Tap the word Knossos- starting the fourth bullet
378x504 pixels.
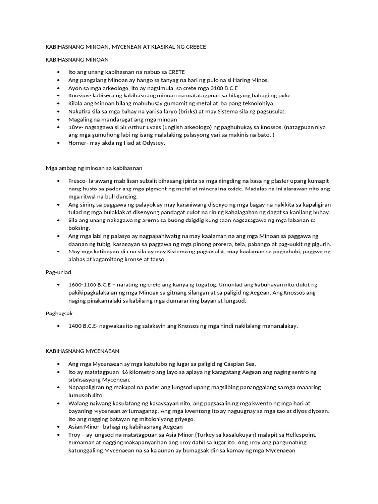[x=81, y=95]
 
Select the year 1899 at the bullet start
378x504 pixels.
[x=75, y=127]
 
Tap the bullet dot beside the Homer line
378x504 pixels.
[x=58, y=143]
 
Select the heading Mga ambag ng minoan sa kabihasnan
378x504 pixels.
[x=94, y=168]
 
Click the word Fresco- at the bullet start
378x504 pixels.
[x=78, y=181]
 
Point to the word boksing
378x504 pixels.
[x=79, y=228]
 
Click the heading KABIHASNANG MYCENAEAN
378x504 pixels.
[x=82, y=351]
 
